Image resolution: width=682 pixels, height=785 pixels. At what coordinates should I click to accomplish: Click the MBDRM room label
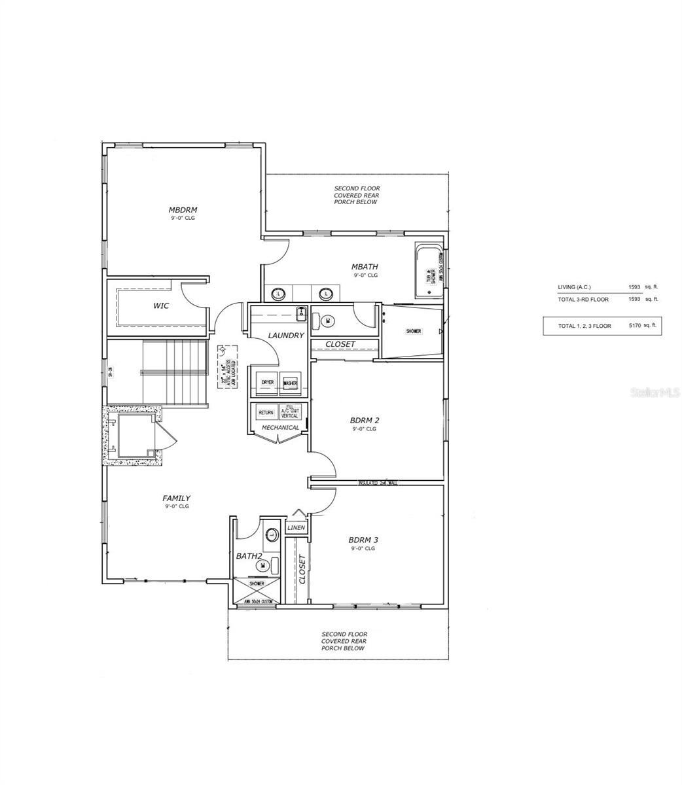(183, 210)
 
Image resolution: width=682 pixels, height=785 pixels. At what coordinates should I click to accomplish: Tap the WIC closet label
(161, 305)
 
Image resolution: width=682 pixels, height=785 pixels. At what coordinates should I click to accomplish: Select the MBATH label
(365, 267)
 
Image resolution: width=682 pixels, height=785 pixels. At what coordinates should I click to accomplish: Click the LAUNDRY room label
(286, 336)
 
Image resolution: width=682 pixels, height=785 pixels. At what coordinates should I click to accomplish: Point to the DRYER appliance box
(267, 383)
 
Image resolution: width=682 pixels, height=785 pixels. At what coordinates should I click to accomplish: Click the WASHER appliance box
(290, 383)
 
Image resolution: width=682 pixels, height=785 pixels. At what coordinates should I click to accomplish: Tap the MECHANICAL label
(280, 428)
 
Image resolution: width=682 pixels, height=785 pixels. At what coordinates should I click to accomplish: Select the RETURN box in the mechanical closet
(266, 413)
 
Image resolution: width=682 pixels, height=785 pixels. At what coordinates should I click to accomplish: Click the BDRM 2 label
(365, 421)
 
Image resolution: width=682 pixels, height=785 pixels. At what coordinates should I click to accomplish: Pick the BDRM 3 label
(363, 540)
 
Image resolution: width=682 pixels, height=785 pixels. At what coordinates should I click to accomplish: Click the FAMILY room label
(177, 498)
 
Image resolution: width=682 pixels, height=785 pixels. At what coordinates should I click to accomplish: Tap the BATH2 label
(249, 556)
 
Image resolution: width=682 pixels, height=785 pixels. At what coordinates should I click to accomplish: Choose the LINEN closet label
(296, 527)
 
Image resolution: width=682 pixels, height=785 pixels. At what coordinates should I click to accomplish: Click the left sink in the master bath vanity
(279, 294)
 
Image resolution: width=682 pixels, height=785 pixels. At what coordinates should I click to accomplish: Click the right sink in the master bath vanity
(323, 294)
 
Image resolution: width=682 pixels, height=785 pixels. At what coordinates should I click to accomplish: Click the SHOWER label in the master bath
(413, 332)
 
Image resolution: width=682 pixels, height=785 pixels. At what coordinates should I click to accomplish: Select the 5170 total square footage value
(634, 325)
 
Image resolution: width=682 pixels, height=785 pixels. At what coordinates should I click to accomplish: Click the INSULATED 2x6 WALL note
(378, 483)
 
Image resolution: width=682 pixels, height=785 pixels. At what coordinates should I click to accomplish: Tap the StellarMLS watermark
(655, 392)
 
